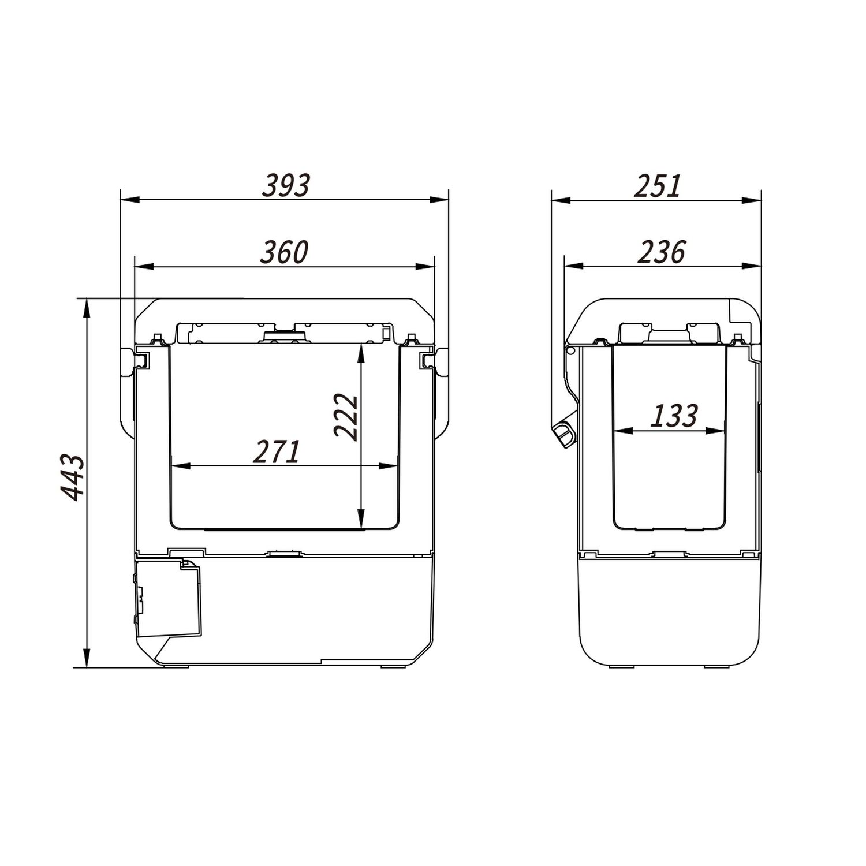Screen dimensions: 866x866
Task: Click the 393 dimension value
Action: (286, 185)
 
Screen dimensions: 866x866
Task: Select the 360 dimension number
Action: (285, 252)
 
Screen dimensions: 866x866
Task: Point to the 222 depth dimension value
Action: (346, 417)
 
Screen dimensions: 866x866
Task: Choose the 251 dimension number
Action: (659, 185)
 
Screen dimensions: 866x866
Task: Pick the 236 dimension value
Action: (661, 252)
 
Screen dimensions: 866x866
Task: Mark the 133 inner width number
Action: (674, 416)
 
